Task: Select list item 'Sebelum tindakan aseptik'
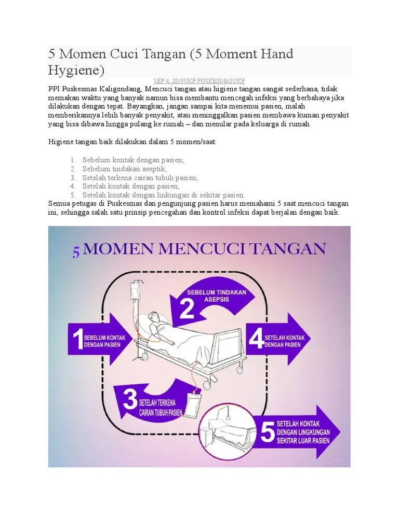124,169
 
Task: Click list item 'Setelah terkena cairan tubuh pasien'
140,177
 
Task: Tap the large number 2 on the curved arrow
187,309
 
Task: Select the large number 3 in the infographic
130,401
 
